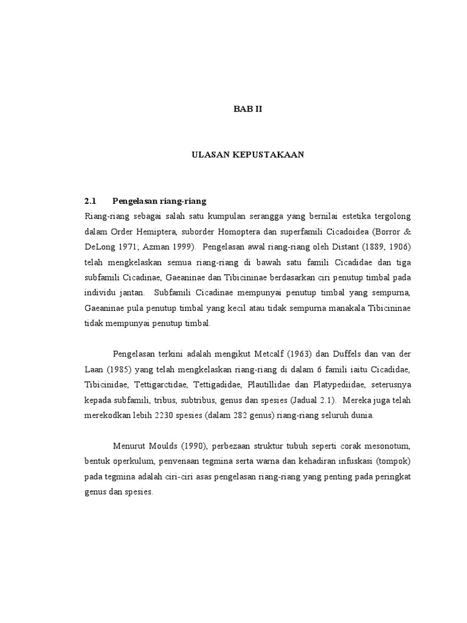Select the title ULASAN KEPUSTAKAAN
[247, 155]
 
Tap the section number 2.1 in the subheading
[91, 201]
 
